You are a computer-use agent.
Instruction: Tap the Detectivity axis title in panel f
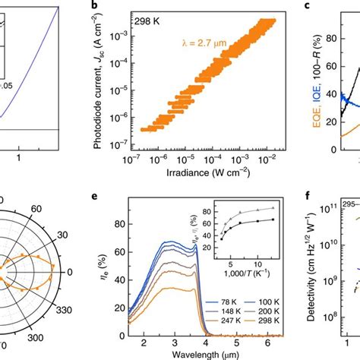313,274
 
